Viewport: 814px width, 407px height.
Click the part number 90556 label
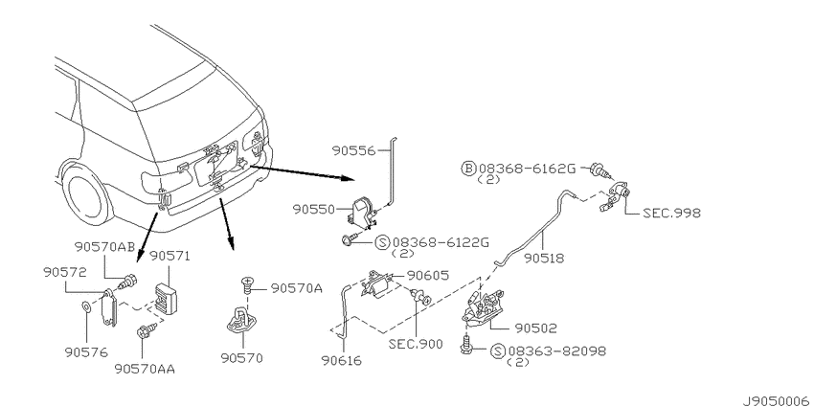(353, 150)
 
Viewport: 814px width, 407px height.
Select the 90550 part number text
(314, 209)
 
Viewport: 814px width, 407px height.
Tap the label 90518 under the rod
(544, 258)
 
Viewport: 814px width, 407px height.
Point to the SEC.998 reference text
(671, 213)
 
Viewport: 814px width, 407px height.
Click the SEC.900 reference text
(416, 344)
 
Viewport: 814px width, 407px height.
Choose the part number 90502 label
(535, 328)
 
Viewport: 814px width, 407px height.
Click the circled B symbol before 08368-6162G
(468, 169)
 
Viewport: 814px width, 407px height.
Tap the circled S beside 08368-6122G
(383, 242)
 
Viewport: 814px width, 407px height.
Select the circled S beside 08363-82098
(497, 350)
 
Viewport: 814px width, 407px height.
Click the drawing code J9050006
(776, 401)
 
